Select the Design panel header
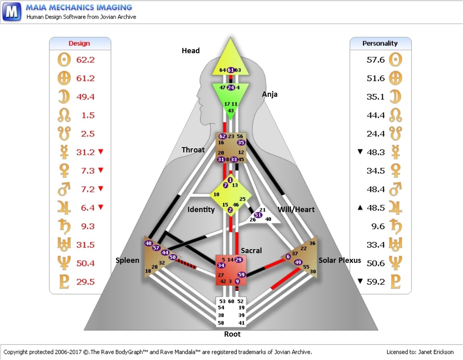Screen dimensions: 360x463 coord(79,43)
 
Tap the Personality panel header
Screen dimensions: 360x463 coord(380,43)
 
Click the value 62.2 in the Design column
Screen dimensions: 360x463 coord(85,60)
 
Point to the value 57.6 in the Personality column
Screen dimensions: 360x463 coord(376,60)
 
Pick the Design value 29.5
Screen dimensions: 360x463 coord(85,281)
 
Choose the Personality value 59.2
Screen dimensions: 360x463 coord(376,281)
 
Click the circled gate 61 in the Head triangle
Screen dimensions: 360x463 coord(231,70)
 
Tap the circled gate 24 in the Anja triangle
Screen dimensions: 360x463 coord(231,87)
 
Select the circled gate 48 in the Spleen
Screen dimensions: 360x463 coord(149,243)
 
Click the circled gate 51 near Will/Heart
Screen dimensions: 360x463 coord(258,214)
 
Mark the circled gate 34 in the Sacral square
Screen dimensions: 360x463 coord(221,265)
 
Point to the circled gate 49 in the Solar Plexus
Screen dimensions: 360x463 coord(298,262)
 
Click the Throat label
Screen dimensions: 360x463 coord(193,150)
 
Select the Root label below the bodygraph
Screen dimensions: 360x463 coord(232,334)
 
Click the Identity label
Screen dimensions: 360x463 coord(201,209)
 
